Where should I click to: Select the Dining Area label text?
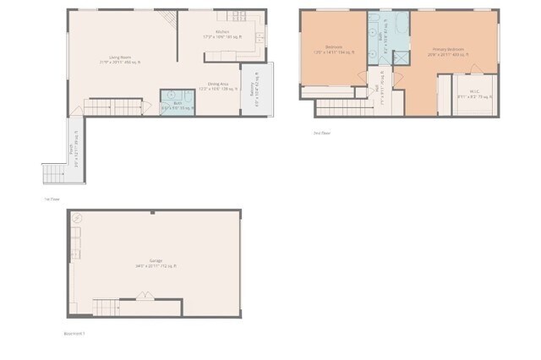220,85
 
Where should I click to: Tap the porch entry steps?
53,172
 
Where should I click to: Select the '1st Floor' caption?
51,199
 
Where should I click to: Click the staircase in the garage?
107,308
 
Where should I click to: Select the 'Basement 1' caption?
75,333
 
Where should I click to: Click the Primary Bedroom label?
451,52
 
